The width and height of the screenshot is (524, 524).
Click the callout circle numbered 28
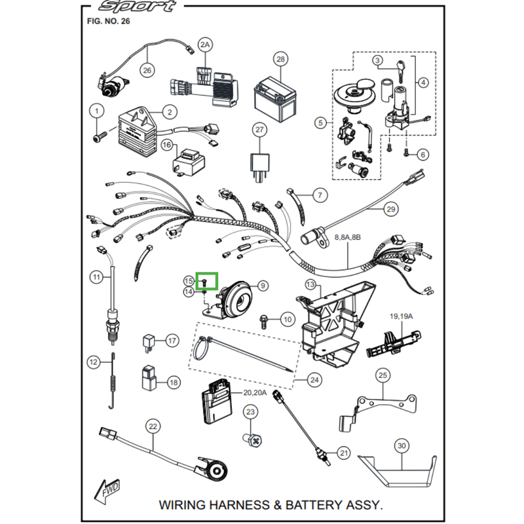(x=280, y=60)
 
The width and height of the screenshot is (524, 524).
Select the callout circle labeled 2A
(x=206, y=45)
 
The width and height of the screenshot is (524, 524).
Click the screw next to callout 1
(x=98, y=138)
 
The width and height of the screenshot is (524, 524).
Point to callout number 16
(x=166, y=144)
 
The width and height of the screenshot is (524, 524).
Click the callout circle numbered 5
(x=320, y=122)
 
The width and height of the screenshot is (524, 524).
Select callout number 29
(x=390, y=209)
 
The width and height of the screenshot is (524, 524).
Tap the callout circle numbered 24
(x=314, y=379)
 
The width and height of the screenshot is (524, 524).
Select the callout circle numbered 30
(x=402, y=446)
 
